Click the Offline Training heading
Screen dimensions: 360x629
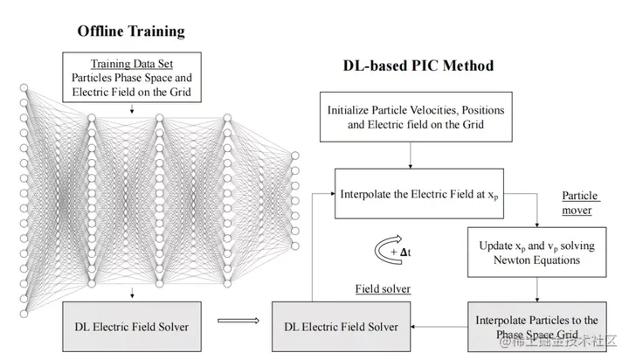tap(131, 31)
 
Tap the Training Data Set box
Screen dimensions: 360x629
tap(131, 78)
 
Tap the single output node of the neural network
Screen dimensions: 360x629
tap(295, 157)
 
